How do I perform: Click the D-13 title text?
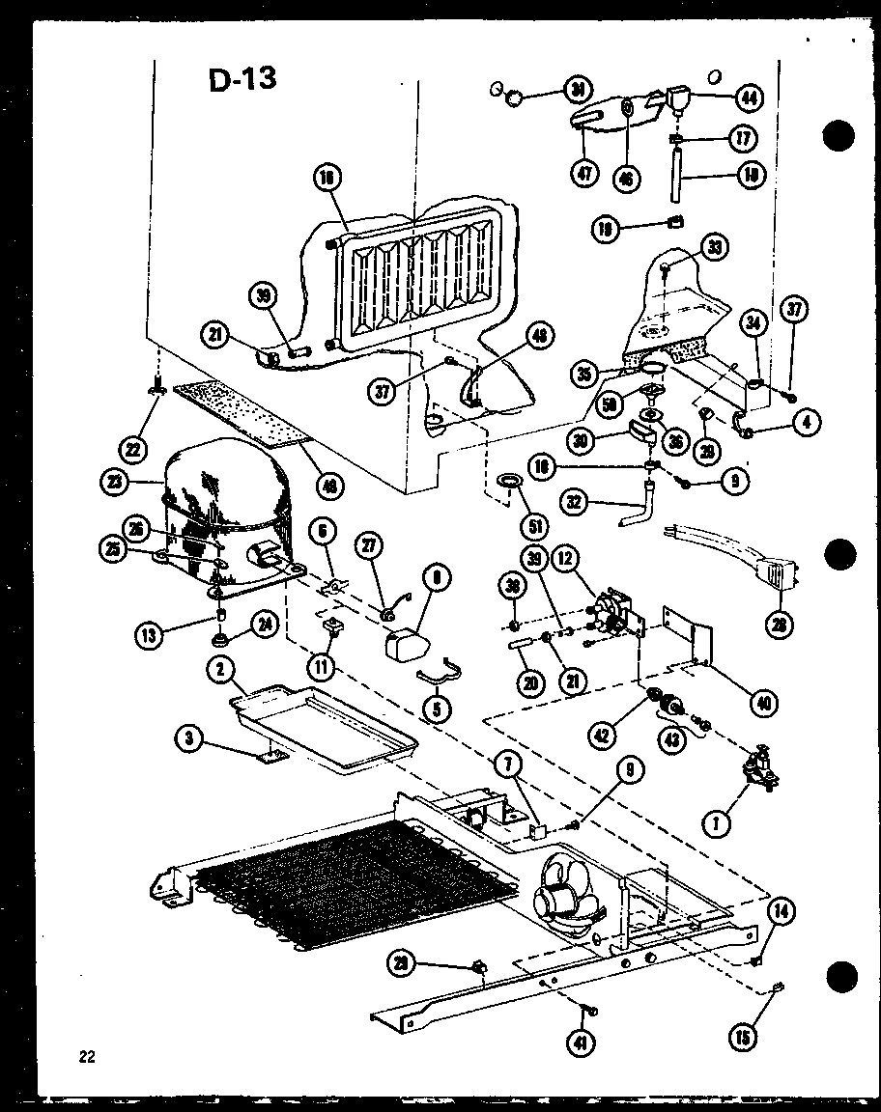pos(242,79)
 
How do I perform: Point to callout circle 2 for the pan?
pos(221,668)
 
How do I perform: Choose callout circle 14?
pos(782,911)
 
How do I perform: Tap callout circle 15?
pos(743,1037)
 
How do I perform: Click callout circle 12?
pos(565,557)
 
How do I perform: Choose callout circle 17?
pos(741,138)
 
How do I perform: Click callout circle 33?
pos(714,247)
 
